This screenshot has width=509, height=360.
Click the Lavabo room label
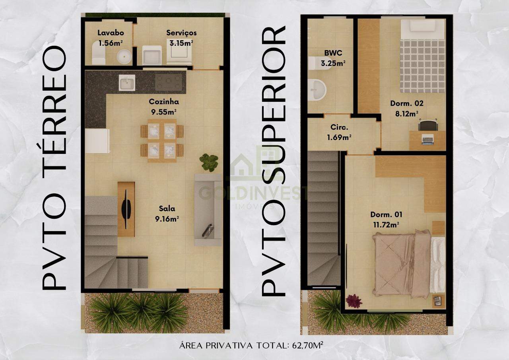tap(111, 33)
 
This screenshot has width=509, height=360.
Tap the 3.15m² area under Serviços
tap(181, 43)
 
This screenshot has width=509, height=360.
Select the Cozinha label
tap(164, 101)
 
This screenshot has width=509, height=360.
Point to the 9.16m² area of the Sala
tap(167, 219)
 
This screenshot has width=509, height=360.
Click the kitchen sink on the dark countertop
tap(127, 83)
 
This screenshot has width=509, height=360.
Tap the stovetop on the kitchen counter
tap(169, 82)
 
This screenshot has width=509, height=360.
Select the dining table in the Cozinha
tap(162, 141)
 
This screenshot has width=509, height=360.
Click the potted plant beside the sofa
tap(209, 162)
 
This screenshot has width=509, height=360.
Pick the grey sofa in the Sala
tap(208, 210)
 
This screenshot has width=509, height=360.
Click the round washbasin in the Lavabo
tap(124, 56)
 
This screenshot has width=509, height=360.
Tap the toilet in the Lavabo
tap(98, 53)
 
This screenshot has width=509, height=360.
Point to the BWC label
tap(333, 53)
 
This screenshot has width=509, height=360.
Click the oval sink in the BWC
tap(317, 90)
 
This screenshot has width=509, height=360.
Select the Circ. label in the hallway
tap(339, 127)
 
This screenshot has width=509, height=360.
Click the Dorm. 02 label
tap(407, 103)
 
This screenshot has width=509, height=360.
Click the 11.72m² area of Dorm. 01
tap(386, 225)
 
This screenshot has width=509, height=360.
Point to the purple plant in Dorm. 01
tap(354, 301)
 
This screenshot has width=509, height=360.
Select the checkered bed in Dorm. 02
tap(422, 56)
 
